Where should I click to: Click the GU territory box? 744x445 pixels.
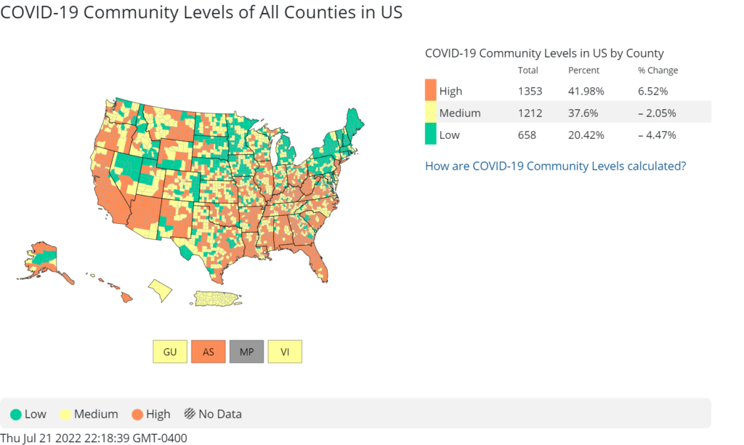pyautogui.click(x=170, y=351)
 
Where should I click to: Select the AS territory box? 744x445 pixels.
pyautogui.click(x=209, y=351)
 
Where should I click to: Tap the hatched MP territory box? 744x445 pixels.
pyautogui.click(x=247, y=351)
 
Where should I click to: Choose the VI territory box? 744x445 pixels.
pyautogui.click(x=285, y=351)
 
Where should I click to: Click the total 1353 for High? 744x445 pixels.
pyautogui.click(x=529, y=91)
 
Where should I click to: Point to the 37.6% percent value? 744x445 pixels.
pyautogui.click(x=583, y=113)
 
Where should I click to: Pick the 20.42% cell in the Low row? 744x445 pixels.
pyautogui.click(x=586, y=135)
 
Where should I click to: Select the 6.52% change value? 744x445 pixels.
pyautogui.click(x=653, y=91)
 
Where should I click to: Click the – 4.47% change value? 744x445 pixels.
pyautogui.click(x=658, y=135)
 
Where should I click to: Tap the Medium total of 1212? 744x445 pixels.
pyautogui.click(x=528, y=113)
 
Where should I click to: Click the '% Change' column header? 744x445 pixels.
pyautogui.click(x=658, y=71)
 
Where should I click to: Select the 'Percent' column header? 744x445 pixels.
pyautogui.click(x=583, y=71)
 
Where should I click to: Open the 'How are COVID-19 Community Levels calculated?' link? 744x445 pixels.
pyautogui.click(x=555, y=166)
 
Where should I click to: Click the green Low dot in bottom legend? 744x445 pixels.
pyautogui.click(x=16, y=414)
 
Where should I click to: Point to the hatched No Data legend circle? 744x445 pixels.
pyautogui.click(x=189, y=414)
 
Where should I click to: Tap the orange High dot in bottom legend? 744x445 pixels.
pyautogui.click(x=137, y=414)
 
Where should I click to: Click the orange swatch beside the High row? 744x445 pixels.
pyautogui.click(x=431, y=91)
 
